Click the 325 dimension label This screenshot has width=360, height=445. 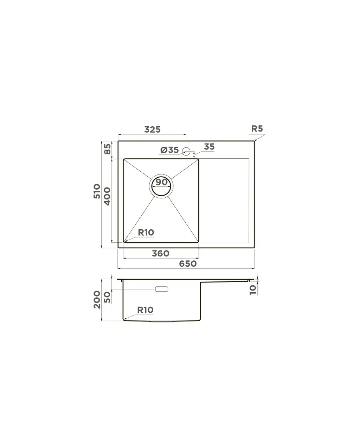(153, 129)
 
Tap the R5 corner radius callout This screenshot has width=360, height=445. (257, 129)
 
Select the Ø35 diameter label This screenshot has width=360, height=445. (169, 150)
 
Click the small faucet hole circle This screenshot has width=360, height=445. (186, 152)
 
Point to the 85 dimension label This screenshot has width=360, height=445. (108, 149)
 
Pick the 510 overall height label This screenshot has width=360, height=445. (97, 191)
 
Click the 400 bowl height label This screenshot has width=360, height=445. (107, 196)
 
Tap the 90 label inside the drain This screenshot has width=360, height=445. (161, 182)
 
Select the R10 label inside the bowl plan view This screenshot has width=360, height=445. (146, 233)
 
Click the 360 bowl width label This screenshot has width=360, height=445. (161, 254)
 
